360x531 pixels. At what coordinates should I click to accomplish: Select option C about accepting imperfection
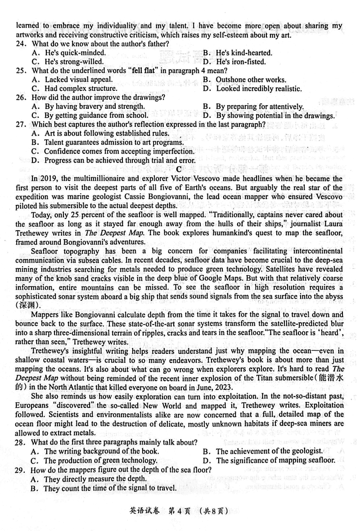(x=112, y=151)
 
